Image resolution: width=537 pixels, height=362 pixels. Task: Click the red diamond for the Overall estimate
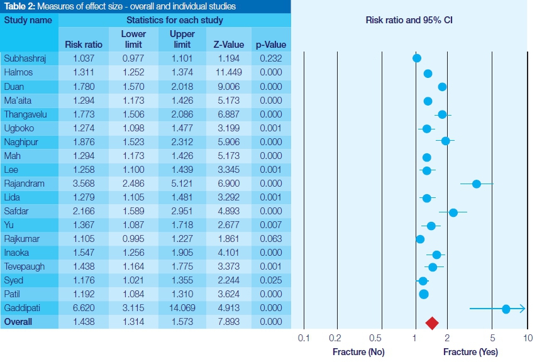[432, 323]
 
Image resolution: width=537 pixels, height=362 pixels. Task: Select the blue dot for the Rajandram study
[477, 184]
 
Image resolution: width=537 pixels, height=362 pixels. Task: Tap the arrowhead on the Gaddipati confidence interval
[522, 309]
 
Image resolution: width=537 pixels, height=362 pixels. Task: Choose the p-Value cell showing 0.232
[271, 58]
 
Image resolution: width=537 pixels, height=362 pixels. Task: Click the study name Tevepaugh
[25, 267]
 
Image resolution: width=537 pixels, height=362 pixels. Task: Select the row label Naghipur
[22, 142]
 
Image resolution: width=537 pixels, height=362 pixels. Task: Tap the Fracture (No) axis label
[358, 352]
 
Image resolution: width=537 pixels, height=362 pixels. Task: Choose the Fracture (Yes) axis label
[469, 352]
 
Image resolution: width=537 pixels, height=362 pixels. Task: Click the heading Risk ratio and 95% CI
[409, 20]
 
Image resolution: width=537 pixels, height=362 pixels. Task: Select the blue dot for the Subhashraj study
[417, 58]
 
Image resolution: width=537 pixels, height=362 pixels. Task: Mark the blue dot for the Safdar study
[453, 212]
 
